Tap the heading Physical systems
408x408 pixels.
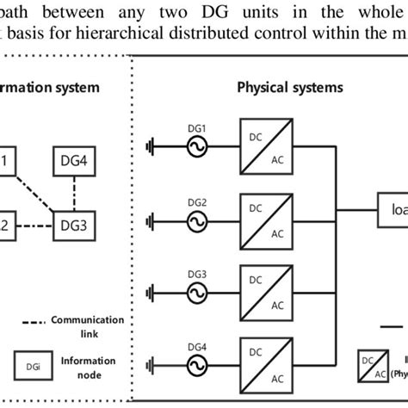[x=289, y=88]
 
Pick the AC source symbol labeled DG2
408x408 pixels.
[x=197, y=219]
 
